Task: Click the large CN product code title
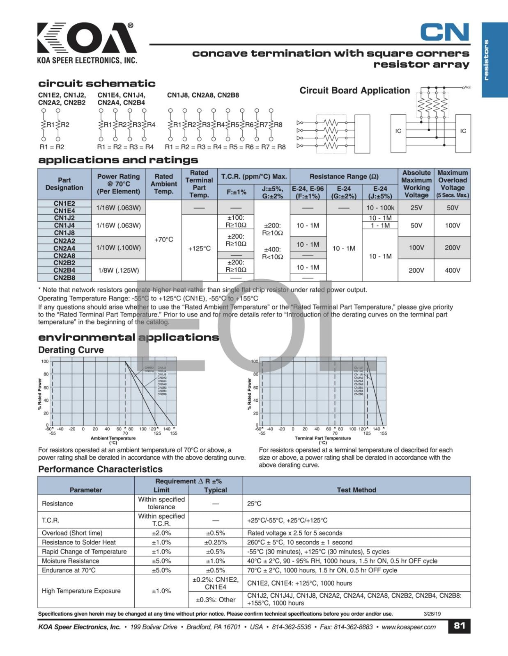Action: tap(444, 32)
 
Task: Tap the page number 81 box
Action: tap(459, 626)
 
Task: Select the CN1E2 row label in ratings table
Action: tap(64, 204)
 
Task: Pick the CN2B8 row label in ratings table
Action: tap(64, 278)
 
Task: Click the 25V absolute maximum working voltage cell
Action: tap(416, 207)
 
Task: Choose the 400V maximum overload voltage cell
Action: tap(452, 270)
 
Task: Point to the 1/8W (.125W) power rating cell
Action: tap(118, 270)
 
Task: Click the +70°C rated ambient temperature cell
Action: tap(163, 239)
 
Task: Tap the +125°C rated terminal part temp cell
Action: tap(199, 248)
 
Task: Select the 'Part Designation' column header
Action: tap(64, 184)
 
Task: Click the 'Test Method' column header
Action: tap(356, 490)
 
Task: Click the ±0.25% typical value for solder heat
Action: tap(215, 542)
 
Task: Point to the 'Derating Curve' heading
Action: tap(71, 350)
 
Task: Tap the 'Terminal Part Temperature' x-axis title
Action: tap(323, 438)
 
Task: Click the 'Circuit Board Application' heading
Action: tap(354, 91)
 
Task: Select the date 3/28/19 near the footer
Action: tap(432, 614)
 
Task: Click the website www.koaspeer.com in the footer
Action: tap(409, 627)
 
